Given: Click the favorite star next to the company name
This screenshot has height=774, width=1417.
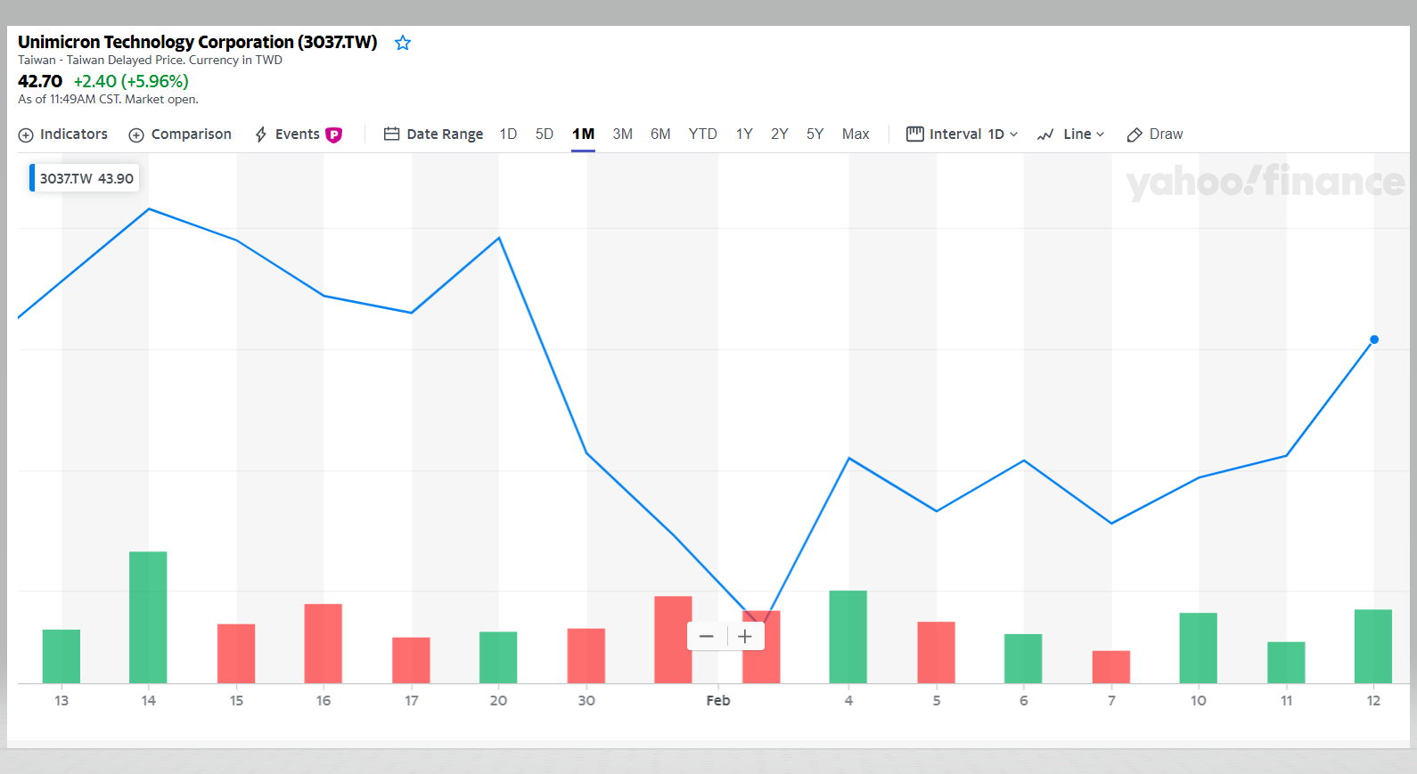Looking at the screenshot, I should pyautogui.click(x=403, y=43).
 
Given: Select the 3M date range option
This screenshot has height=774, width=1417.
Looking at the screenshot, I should pyautogui.click(x=622, y=134).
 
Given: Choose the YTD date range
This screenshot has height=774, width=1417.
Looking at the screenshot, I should pyautogui.click(x=702, y=134).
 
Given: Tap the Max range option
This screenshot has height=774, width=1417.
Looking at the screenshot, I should pyautogui.click(x=856, y=134).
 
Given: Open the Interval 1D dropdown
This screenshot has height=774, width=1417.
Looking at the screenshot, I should pyautogui.click(x=962, y=134).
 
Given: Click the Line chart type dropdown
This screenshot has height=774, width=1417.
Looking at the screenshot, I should pyautogui.click(x=1071, y=134).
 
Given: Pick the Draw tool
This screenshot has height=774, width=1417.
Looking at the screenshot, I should pyautogui.click(x=1155, y=134).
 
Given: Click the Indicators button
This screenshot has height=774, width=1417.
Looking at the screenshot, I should pyautogui.click(x=63, y=134).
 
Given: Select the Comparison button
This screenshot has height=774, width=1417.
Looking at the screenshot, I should pyautogui.click(x=180, y=134).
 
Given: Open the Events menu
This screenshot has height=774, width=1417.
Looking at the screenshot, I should pyautogui.click(x=298, y=134).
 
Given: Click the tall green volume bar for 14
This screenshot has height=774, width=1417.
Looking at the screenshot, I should pyautogui.click(x=148, y=617).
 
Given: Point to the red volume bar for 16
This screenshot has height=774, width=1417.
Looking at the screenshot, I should pyautogui.click(x=323, y=643).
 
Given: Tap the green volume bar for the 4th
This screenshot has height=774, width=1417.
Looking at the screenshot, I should pyautogui.click(x=848, y=637).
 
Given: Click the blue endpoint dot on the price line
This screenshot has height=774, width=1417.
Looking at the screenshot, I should pyautogui.click(x=1374, y=339).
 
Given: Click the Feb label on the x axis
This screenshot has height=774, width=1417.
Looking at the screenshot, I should pyautogui.click(x=718, y=701).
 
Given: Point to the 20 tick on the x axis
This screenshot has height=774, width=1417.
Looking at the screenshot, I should pyautogui.click(x=498, y=701).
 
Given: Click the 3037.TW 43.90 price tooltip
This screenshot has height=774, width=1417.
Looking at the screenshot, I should pyautogui.click(x=86, y=178).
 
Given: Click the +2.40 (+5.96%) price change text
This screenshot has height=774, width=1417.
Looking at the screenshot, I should pyautogui.click(x=131, y=81).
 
